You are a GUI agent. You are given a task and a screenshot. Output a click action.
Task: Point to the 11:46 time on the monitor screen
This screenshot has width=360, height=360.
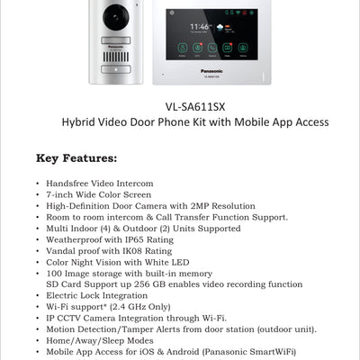point(201,27)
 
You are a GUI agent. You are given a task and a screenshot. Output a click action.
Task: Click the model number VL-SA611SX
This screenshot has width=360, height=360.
point(194,105)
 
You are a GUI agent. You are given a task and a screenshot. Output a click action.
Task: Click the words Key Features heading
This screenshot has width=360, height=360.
point(76,159)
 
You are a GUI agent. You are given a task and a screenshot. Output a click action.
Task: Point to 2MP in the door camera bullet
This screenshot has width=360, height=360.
point(198,206)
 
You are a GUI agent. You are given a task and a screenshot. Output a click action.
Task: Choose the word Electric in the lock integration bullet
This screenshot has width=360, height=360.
point(63,295)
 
